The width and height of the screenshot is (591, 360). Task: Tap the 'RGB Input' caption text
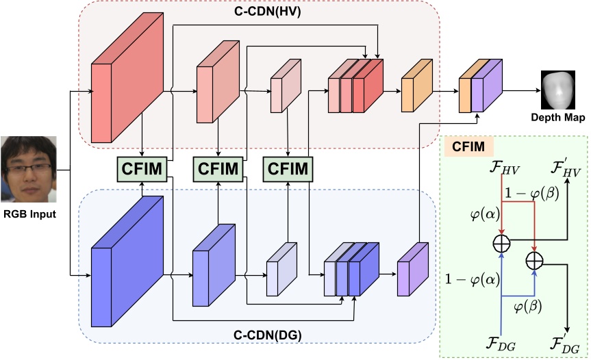pos(27,214)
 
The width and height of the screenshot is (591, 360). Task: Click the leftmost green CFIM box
pos(142,166)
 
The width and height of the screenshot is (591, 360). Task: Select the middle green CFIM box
pos(218,166)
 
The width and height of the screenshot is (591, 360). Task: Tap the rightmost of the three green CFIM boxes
pos(288,166)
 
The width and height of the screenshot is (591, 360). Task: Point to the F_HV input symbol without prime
pos(501,166)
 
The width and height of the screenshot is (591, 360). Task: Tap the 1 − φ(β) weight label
pos(531,194)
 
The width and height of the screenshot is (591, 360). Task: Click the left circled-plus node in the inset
pos(503,241)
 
